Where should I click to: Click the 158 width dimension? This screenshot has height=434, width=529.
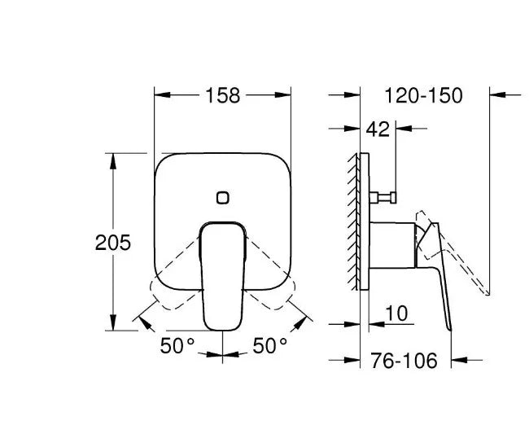coord(223,95)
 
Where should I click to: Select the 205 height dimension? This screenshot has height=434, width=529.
coord(112,243)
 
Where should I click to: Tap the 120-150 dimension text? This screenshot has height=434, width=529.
coord(424,95)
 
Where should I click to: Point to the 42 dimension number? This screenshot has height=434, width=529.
coord(378,129)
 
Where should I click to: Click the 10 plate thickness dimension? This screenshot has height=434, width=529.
coord(396,313)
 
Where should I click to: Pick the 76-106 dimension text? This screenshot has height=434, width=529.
coord(404,361)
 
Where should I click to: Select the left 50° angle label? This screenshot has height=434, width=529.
coord(177,345)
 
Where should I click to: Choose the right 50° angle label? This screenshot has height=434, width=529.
coord(270,345)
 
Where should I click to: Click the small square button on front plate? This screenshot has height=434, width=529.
coord(223,198)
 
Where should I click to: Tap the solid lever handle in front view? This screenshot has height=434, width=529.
coord(223,276)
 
